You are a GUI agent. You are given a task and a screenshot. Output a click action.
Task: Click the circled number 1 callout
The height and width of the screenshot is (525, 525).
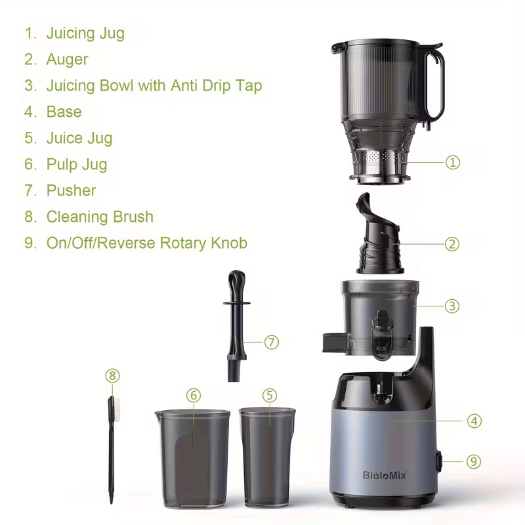(452, 162)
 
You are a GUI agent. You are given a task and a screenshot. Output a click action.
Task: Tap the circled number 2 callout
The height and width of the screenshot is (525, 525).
(452, 244)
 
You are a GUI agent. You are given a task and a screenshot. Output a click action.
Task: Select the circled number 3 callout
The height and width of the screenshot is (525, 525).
(452, 306)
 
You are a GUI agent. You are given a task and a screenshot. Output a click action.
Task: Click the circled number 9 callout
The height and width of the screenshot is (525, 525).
(474, 461)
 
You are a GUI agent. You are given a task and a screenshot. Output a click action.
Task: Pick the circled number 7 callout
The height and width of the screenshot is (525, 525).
(272, 342)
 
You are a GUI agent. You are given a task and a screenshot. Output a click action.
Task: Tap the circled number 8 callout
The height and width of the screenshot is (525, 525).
(114, 376)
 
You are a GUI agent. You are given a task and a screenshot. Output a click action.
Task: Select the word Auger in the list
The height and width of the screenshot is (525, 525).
(67, 59)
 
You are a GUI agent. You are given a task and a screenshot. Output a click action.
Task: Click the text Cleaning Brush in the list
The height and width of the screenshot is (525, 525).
(100, 217)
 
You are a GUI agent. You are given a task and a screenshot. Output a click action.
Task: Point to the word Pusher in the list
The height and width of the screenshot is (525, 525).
(71, 190)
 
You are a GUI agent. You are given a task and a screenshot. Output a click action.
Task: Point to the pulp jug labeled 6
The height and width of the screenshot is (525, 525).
(192, 456)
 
